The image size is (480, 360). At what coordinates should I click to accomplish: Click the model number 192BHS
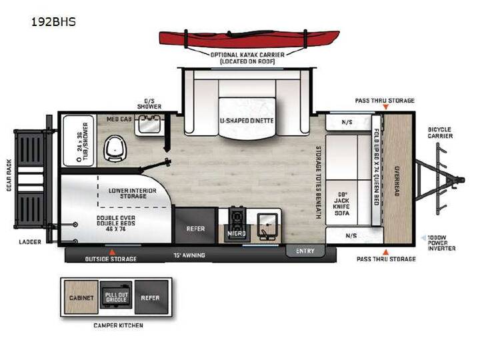53,22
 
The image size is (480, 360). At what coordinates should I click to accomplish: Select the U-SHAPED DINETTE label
247,121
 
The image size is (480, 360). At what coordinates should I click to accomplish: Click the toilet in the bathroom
115,149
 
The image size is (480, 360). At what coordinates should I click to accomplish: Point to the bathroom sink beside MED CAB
149,124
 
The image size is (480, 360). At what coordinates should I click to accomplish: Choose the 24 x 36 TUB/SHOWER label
83,141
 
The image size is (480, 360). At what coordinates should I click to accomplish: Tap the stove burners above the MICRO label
237,218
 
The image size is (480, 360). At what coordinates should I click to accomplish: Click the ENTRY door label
305,251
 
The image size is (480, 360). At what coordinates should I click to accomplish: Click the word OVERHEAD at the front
397,181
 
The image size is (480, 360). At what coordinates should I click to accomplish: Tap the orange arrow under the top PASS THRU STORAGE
386,107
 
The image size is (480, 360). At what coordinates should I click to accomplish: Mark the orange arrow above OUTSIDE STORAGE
113,252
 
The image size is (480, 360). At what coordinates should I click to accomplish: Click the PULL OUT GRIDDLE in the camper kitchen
116,297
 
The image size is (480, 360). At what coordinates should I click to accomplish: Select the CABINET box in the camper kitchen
81,297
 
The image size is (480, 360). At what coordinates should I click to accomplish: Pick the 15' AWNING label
189,255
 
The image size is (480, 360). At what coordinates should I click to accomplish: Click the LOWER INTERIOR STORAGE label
132,193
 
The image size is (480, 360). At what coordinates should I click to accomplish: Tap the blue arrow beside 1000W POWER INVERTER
423,237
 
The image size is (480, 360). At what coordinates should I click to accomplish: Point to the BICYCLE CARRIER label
439,133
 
